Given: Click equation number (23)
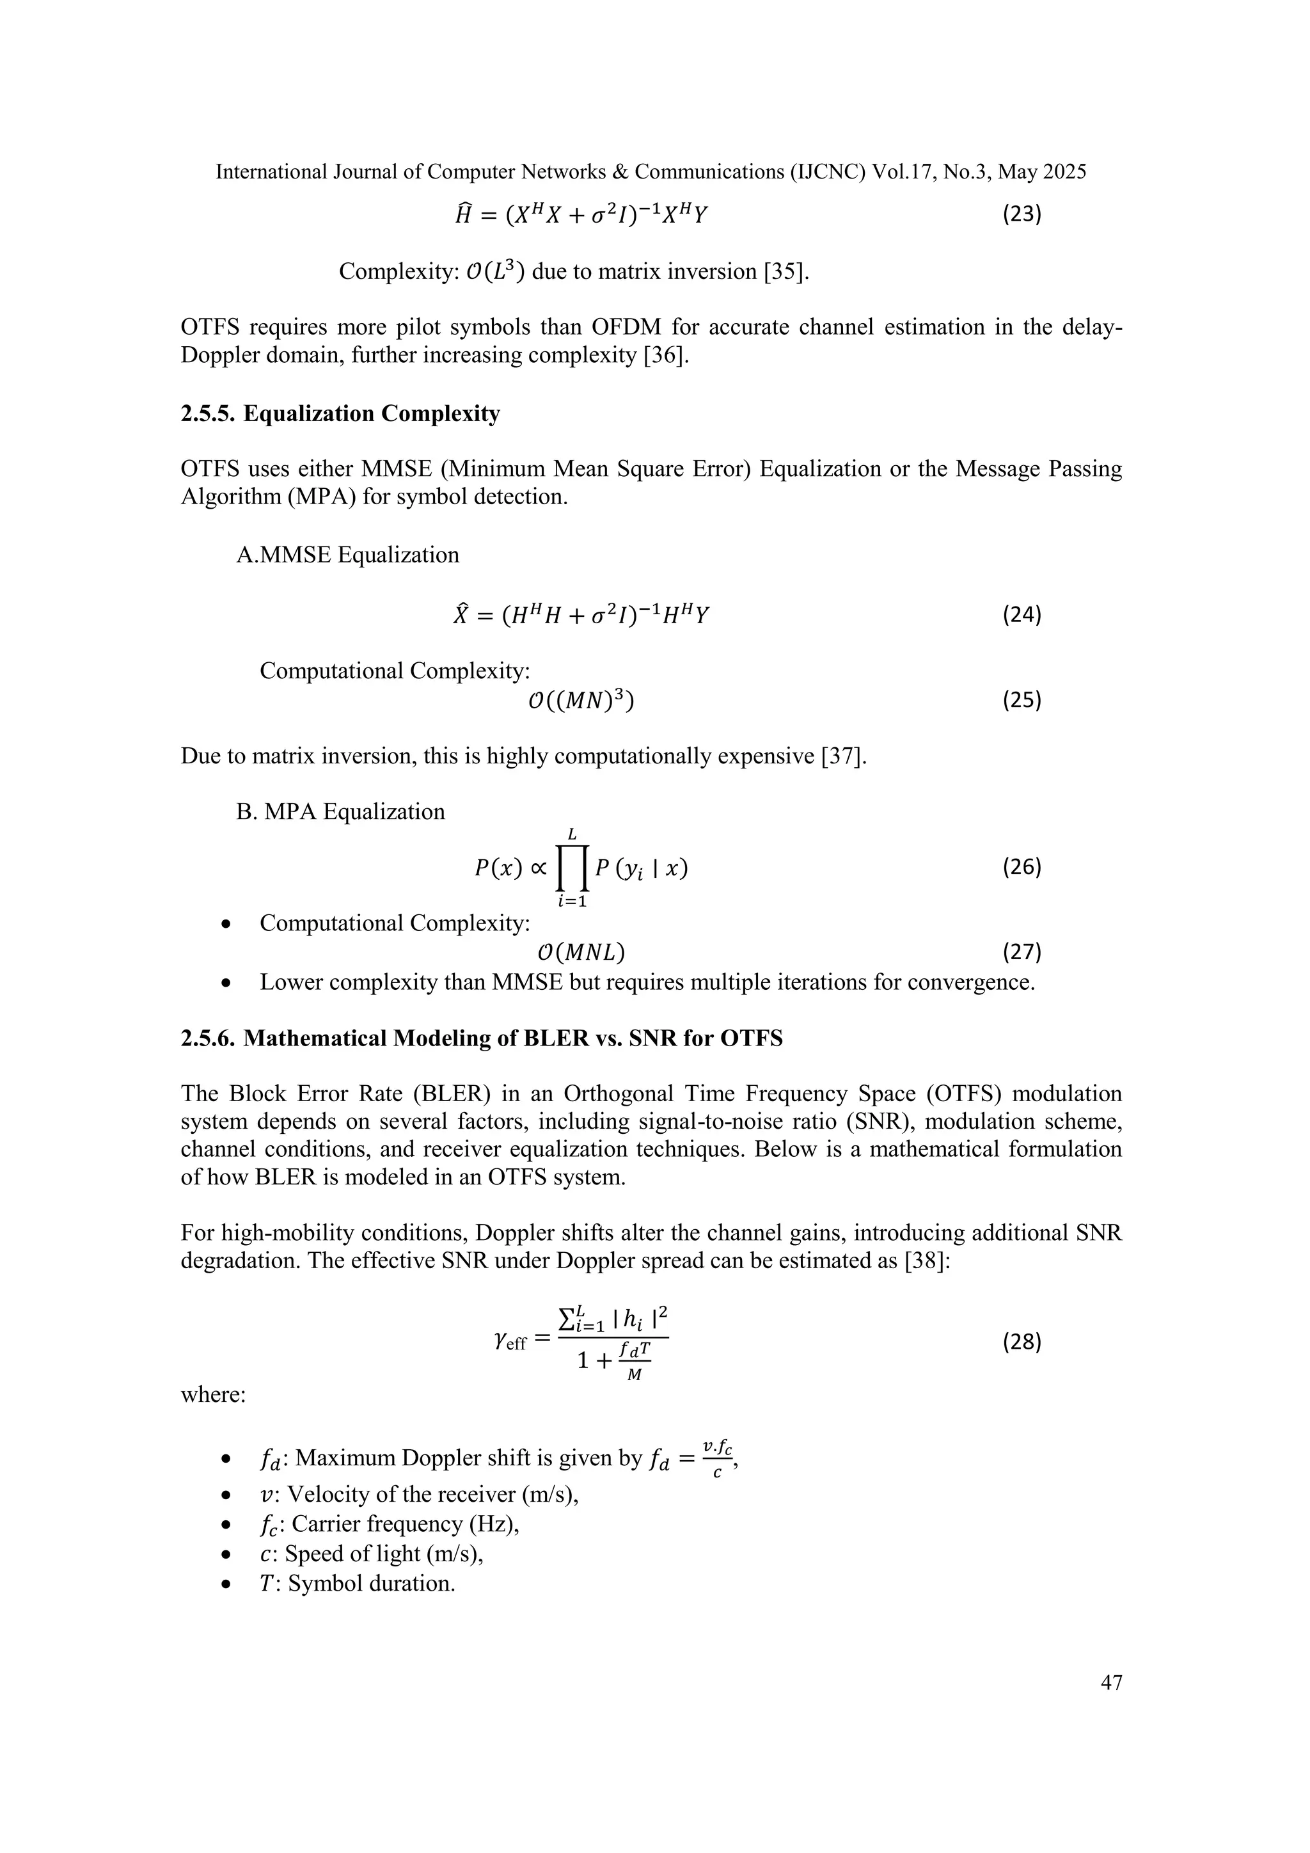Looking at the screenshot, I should coord(1022,215).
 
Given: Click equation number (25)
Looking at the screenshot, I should coord(1022,701).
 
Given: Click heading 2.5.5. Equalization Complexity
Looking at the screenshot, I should coord(340,413).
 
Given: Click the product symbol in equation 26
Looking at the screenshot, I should coord(572,868).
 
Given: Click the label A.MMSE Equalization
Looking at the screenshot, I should coord(348,555).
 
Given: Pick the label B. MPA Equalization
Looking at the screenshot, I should coord(340,811).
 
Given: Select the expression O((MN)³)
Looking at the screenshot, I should coord(581,701).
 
